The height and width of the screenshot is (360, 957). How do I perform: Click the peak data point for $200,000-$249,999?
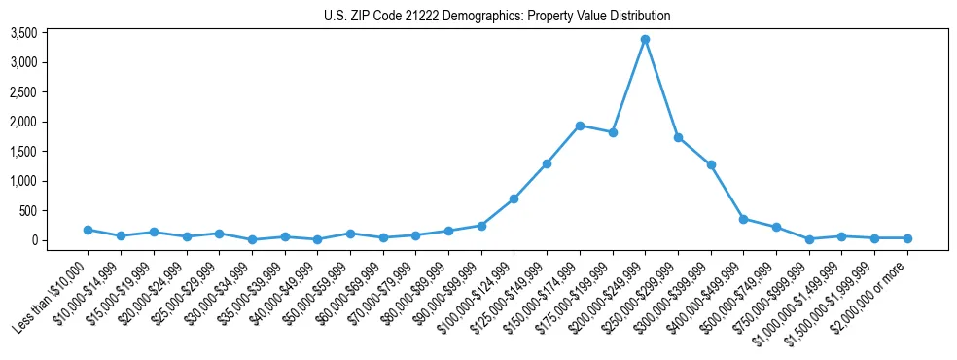click(645, 40)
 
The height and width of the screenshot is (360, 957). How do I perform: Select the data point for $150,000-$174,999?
click(580, 126)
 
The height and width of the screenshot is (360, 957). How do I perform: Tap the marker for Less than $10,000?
click(89, 230)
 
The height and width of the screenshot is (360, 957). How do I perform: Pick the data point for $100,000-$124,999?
click(514, 198)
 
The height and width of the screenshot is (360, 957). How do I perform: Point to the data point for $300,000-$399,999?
click(711, 164)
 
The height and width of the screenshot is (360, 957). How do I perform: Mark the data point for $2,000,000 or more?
click(907, 238)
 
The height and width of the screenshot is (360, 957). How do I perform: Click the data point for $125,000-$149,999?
click(547, 163)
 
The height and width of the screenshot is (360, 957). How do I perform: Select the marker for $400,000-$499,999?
click(743, 219)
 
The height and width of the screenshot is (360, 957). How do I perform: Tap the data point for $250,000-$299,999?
click(678, 137)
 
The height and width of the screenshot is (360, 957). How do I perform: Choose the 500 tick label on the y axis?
click(54, 211)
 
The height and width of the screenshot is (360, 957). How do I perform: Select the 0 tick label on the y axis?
click(60, 240)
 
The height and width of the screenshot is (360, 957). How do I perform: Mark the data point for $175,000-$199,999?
click(613, 132)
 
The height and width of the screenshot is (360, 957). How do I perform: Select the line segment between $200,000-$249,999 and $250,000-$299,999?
click(661, 89)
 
